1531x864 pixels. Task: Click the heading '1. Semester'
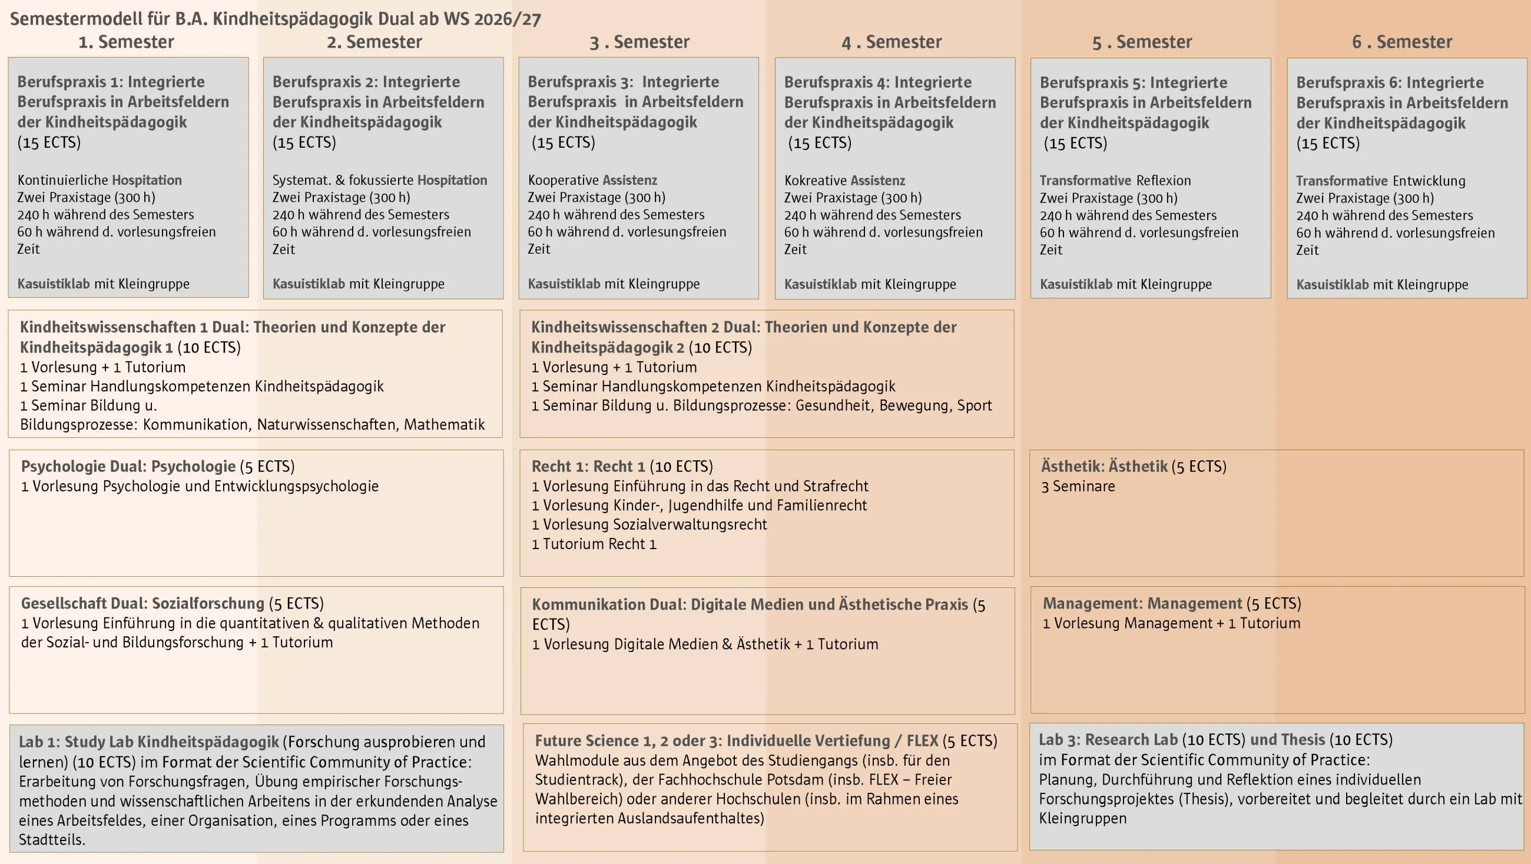point(126,42)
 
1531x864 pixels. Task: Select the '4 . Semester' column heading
point(891,42)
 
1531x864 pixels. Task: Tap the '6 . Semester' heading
point(1401,42)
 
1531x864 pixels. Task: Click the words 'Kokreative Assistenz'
point(844,181)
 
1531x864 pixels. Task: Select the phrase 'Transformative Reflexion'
point(1115,181)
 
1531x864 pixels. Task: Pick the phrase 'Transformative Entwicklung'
point(1380,181)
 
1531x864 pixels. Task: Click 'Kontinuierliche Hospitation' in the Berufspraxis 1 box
point(100,180)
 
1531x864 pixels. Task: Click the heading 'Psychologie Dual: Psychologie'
point(128,467)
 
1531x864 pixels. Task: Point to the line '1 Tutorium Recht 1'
point(594,544)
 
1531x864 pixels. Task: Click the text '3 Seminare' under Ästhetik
point(1078,487)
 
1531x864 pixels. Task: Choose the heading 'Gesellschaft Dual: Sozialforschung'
point(143,604)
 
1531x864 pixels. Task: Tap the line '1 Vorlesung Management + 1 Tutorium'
point(1171,623)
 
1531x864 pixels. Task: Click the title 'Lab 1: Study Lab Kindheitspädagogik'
point(148,742)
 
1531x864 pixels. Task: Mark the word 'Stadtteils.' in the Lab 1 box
point(52,840)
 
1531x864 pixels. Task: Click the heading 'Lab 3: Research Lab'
point(1108,740)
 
